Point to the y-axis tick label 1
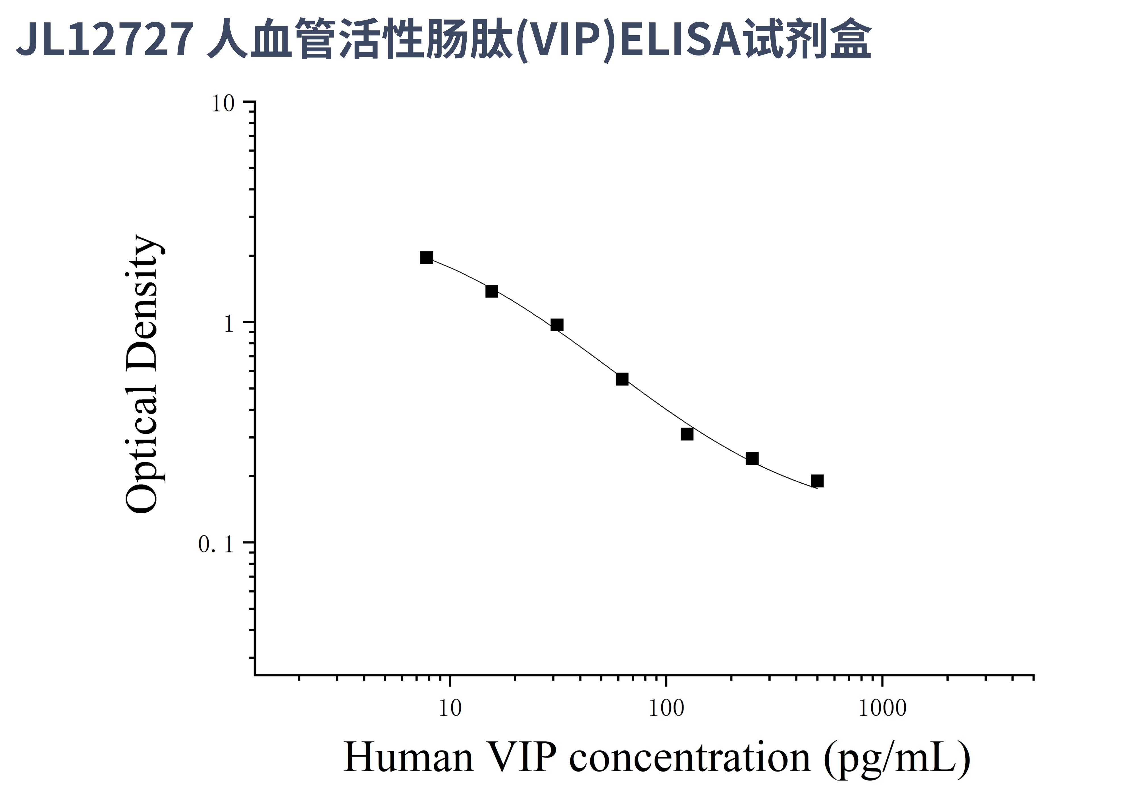coord(228,324)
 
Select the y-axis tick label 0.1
coord(216,544)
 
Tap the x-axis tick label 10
coord(450,708)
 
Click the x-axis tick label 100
coord(666,708)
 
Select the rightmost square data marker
coord(817,481)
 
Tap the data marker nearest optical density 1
coord(557,325)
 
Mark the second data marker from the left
coord(491,291)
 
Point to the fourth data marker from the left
coord(622,379)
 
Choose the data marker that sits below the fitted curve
coord(687,434)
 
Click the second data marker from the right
coord(752,458)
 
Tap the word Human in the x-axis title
coord(408,758)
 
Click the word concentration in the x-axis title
coord(690,758)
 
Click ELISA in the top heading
coord(681,40)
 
